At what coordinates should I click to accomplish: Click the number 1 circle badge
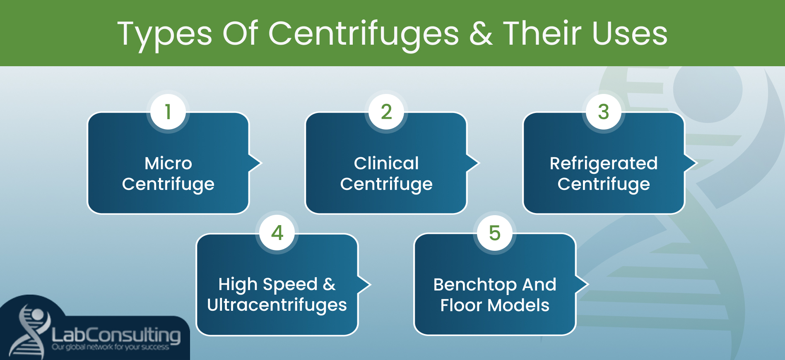point(168,112)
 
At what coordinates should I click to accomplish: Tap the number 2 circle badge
point(386,112)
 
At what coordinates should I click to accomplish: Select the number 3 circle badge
point(604,112)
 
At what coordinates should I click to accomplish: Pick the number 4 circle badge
point(277,233)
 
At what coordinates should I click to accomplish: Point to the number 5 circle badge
point(495,233)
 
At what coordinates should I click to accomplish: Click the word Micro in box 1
point(168,163)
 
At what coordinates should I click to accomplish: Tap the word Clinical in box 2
point(386,163)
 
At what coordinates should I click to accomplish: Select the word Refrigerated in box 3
point(604,163)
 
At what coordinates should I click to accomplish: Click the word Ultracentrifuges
point(277,305)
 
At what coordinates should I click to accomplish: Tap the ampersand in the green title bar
point(481,34)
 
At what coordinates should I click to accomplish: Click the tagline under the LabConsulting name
point(110,347)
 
